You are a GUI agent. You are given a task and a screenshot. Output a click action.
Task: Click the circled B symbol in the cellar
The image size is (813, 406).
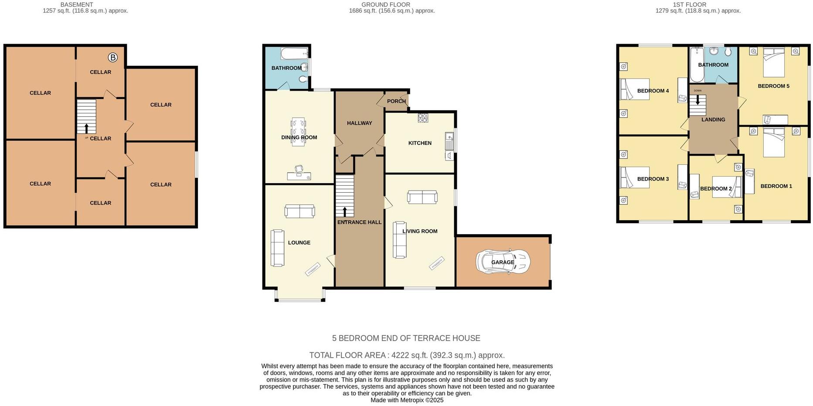pyautogui.click(x=113, y=58)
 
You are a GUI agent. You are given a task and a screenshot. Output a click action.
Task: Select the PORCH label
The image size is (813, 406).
pyautogui.click(x=396, y=101)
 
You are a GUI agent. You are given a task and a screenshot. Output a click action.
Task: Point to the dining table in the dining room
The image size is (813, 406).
pyautogui.click(x=299, y=132)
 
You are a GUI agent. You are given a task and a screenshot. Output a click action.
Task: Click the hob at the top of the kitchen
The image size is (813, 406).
pyautogui.click(x=423, y=118)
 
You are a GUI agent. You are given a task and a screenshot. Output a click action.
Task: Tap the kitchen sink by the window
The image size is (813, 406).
pyautogui.click(x=449, y=141)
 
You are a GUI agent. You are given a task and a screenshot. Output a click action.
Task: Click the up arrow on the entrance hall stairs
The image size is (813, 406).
pyautogui.click(x=345, y=212)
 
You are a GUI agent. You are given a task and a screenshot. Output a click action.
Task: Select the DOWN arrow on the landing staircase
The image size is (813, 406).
pyautogui.click(x=697, y=100)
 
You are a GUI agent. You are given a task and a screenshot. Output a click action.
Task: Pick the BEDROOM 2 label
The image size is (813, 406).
pyautogui.click(x=716, y=188)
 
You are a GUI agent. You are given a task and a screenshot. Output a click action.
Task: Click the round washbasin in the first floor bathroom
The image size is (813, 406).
pyautogui.click(x=714, y=51)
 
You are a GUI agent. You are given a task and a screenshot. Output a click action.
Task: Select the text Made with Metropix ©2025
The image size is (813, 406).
pyautogui.click(x=407, y=400)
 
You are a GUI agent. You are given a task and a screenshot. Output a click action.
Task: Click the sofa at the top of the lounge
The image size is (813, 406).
pyautogui.click(x=299, y=212)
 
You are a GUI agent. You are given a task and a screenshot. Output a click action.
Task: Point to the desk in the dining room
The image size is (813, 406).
pyautogui.click(x=299, y=176)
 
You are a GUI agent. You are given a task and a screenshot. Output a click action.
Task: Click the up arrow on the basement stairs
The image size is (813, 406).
pyautogui.click(x=86, y=128)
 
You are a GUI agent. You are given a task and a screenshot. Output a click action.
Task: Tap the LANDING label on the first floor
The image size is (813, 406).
pyautogui.click(x=713, y=119)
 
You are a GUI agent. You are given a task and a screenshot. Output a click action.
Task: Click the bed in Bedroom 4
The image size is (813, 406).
pyautogui.click(x=635, y=89)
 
